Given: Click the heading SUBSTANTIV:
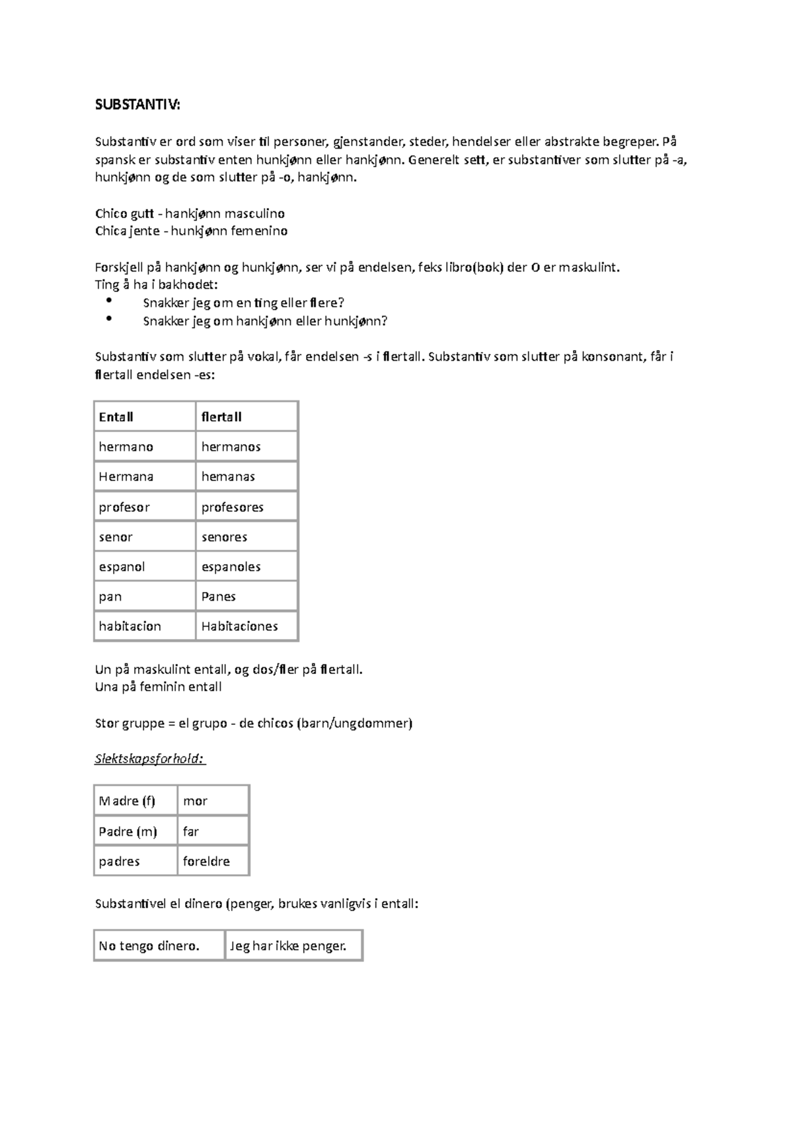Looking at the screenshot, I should coord(137,105).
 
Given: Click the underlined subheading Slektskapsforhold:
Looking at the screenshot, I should coord(150,759).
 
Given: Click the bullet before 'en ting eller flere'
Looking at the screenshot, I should coord(109,301).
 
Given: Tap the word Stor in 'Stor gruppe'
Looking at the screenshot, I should coord(106,723).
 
